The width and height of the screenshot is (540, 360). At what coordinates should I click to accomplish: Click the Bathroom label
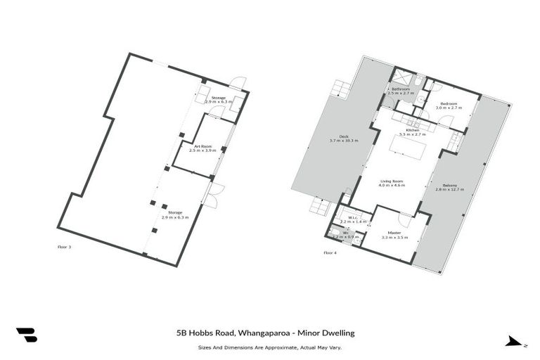tap(401, 91)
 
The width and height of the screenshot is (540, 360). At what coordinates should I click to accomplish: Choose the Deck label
tap(344, 139)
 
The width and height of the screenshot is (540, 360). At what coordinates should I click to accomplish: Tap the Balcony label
tap(451, 186)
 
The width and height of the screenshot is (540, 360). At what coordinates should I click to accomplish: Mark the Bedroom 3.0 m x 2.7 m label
tap(448, 105)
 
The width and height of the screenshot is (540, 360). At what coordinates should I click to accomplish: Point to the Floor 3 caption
tap(64, 247)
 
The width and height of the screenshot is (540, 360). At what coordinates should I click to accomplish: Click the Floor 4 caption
tap(330, 252)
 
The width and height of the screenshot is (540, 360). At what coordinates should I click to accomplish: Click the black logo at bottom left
tap(27, 335)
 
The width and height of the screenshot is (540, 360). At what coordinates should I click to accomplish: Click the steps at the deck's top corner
tap(342, 89)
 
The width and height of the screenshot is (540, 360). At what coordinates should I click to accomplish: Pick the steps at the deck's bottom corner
tap(321, 205)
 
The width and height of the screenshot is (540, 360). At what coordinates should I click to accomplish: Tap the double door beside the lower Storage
tap(218, 191)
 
